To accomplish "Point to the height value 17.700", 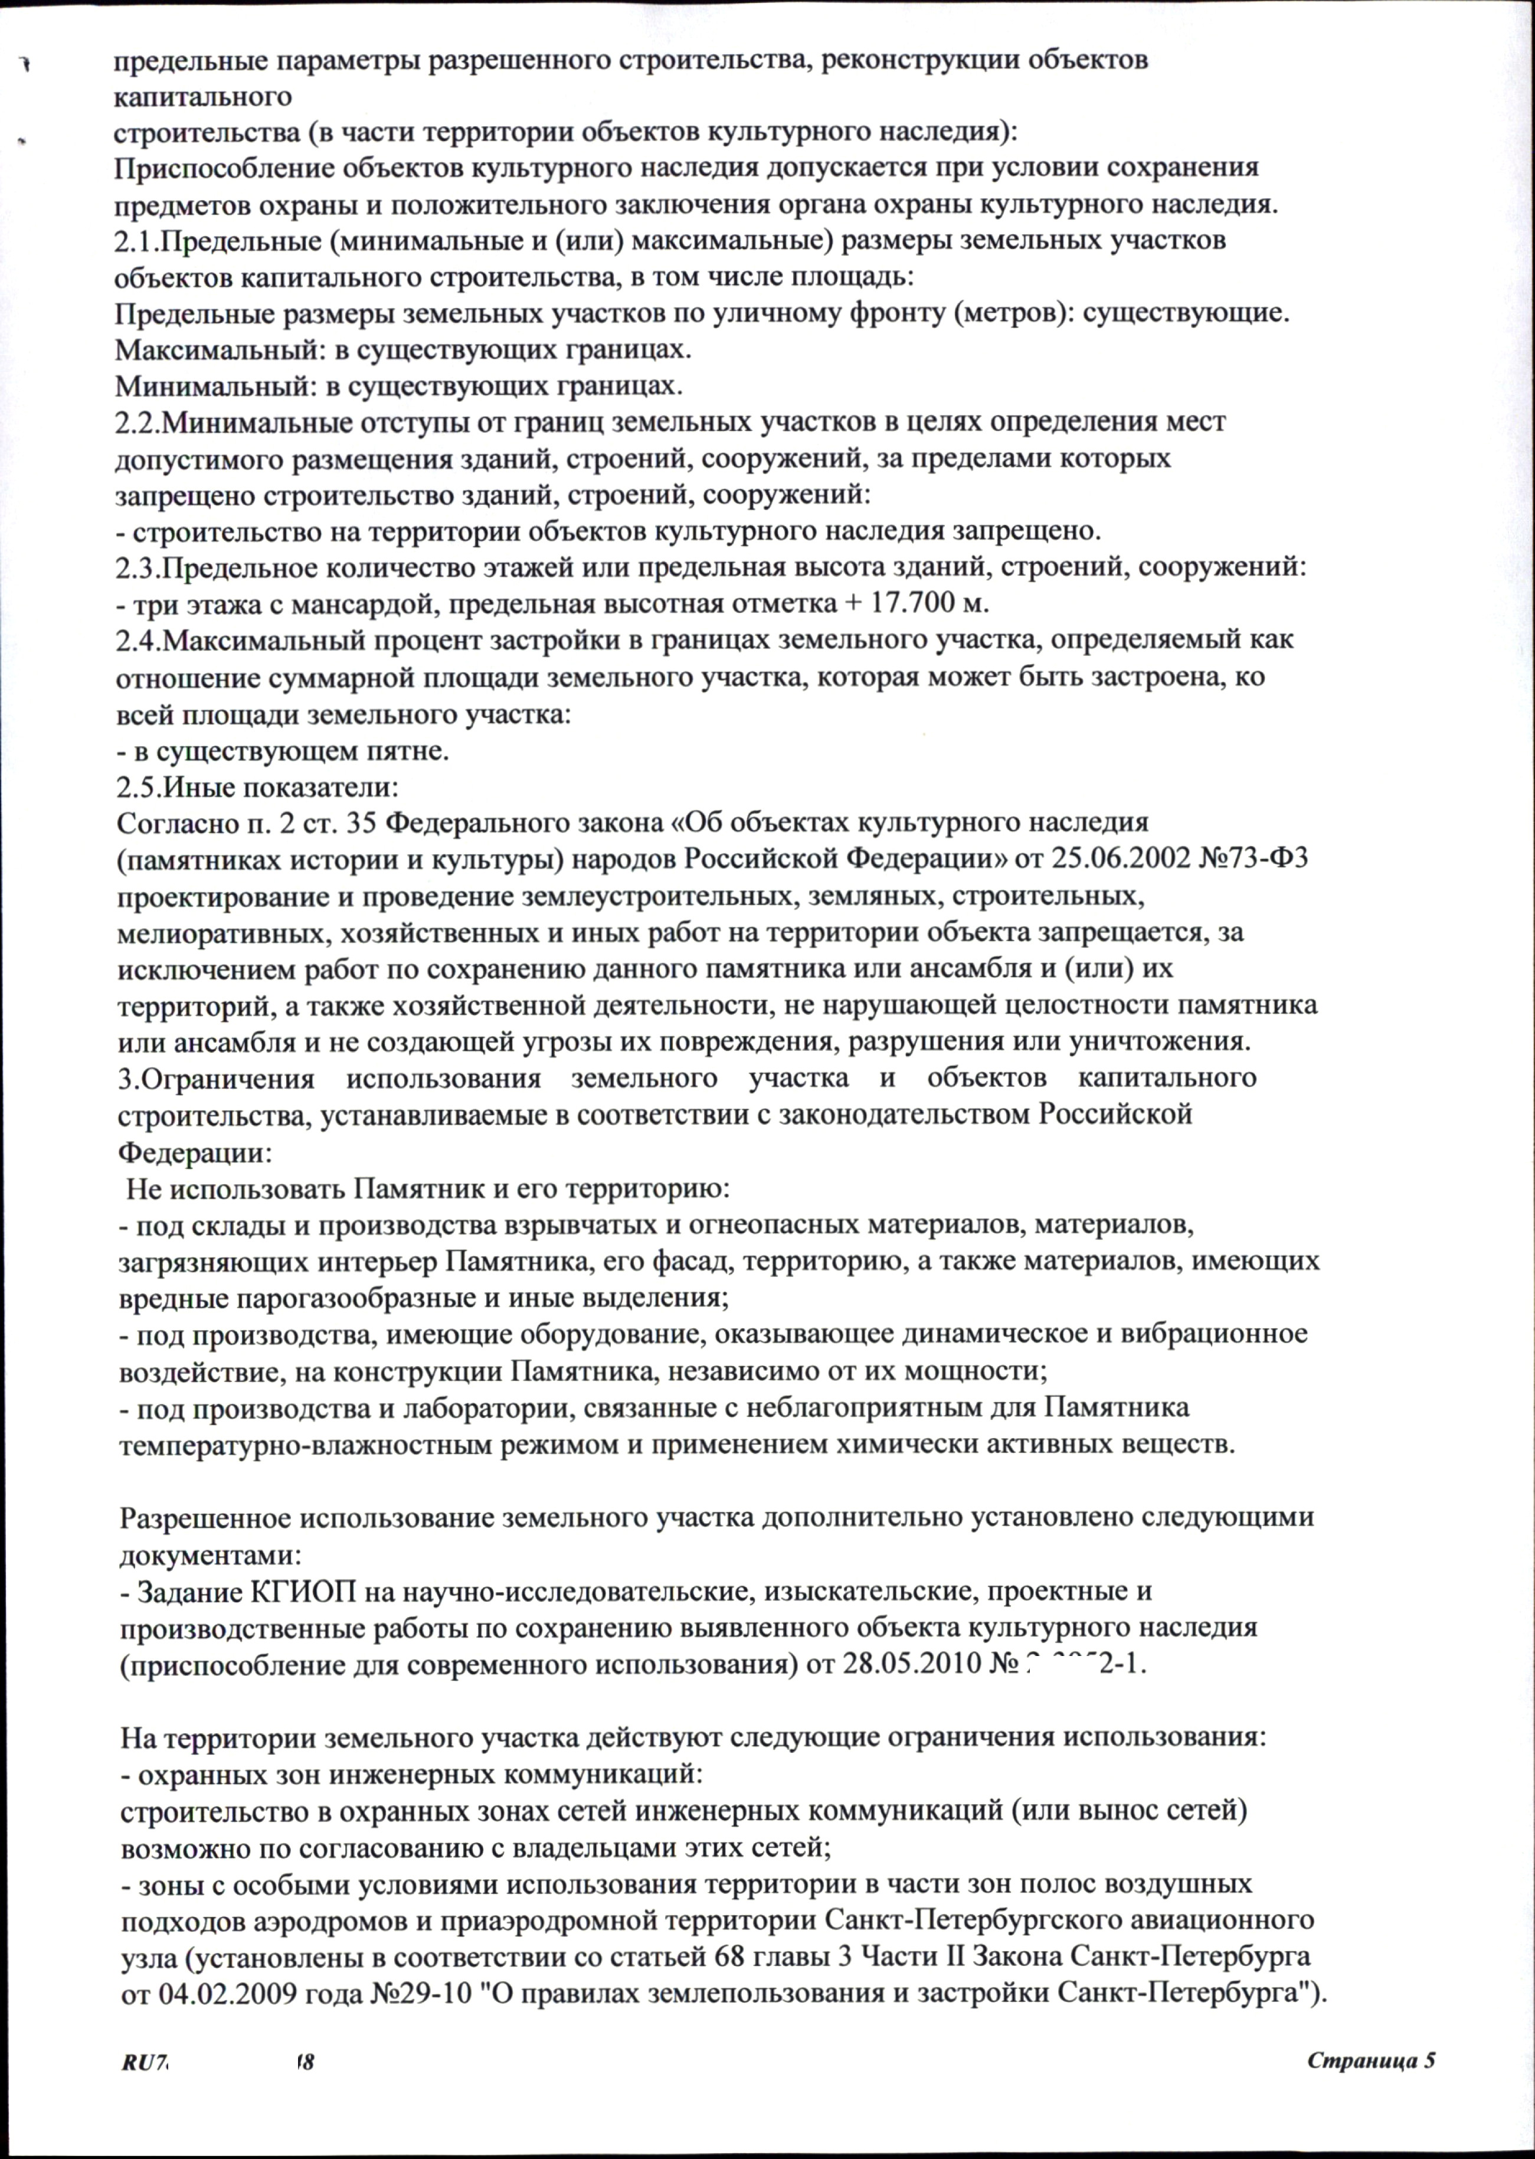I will click(x=931, y=603).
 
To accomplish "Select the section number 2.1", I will click(x=134, y=240).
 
